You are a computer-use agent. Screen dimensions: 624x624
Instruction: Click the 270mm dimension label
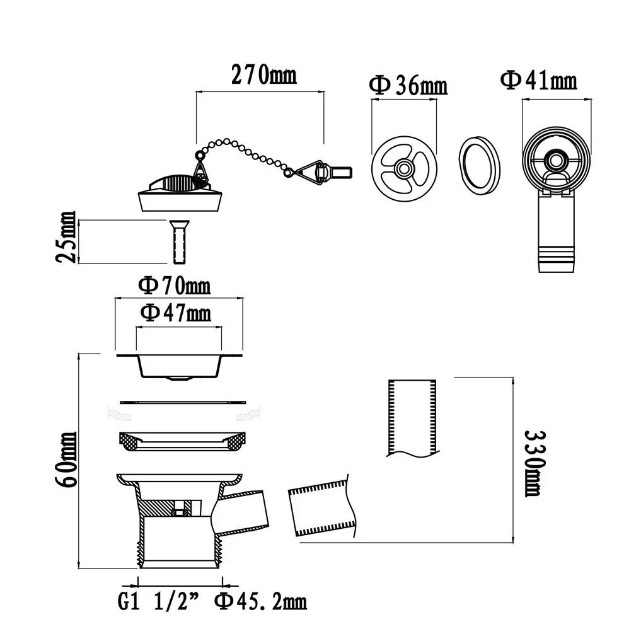point(264,74)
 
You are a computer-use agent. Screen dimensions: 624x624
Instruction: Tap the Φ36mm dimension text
point(408,84)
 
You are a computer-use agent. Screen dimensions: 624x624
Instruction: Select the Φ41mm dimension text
point(538,80)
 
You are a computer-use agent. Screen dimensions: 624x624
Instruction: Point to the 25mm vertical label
point(66,237)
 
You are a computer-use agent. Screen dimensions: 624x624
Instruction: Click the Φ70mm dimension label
point(175,286)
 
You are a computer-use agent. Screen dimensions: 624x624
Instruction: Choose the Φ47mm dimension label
point(175,313)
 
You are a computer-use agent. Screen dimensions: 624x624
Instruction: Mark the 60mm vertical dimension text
point(66,459)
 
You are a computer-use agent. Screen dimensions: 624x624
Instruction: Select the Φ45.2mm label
point(261,602)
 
